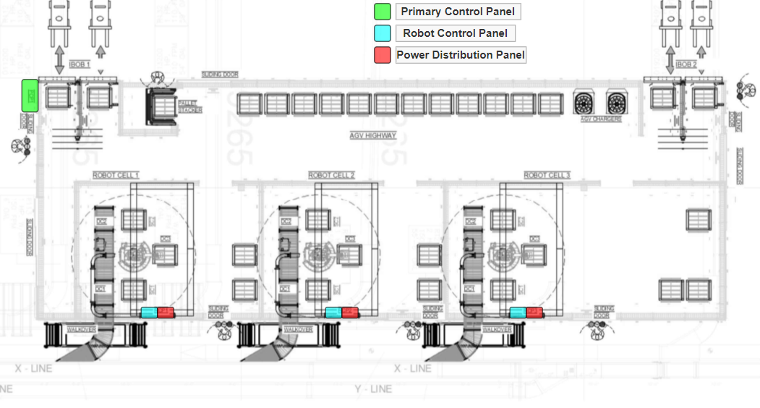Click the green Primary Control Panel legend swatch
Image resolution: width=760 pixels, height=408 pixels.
tap(383, 12)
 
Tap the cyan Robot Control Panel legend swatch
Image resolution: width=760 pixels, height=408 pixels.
tap(383, 33)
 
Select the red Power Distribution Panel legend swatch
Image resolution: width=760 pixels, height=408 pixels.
tap(383, 55)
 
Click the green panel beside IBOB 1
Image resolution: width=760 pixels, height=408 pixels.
tap(30, 95)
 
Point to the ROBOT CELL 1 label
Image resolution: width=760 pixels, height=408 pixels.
tap(116, 176)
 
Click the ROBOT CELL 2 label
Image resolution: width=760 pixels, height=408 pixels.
tap(331, 176)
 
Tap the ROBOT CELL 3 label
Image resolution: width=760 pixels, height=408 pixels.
tap(547, 176)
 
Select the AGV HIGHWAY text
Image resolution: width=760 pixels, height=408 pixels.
tap(373, 135)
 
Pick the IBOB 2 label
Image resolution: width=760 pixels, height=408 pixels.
tap(686, 64)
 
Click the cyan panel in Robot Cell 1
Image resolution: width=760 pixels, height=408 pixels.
tap(148, 313)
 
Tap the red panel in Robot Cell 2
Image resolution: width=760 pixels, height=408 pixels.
tap(350, 313)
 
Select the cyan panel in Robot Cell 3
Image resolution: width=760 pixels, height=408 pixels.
tap(518, 313)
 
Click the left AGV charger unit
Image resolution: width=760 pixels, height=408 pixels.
tap(584, 102)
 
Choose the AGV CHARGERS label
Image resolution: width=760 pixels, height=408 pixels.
tap(601, 119)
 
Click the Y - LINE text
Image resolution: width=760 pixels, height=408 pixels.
tap(373, 389)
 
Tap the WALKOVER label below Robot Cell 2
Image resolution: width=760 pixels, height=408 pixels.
tap(298, 330)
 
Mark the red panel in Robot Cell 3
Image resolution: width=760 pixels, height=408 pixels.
tap(534, 313)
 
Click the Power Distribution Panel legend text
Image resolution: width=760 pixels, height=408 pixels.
tap(461, 55)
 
